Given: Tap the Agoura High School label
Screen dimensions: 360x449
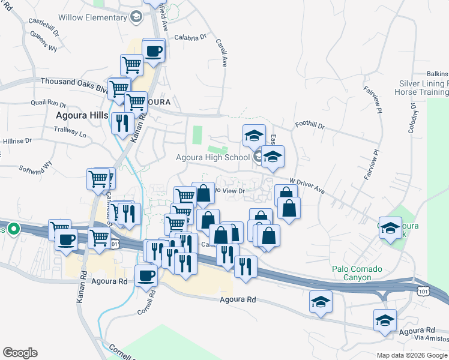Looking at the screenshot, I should (212, 158).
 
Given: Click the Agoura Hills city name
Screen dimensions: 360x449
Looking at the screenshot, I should (82, 115).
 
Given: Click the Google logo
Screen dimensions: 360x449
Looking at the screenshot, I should (20, 353).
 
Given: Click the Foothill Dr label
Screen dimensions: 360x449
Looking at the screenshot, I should (310, 127).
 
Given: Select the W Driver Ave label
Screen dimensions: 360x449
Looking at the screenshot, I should (307, 185).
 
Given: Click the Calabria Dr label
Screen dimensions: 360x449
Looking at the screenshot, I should (190, 37).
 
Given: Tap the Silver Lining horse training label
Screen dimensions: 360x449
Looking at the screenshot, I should (422, 88).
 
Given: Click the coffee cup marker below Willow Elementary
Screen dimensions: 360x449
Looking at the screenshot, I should (153, 50).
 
